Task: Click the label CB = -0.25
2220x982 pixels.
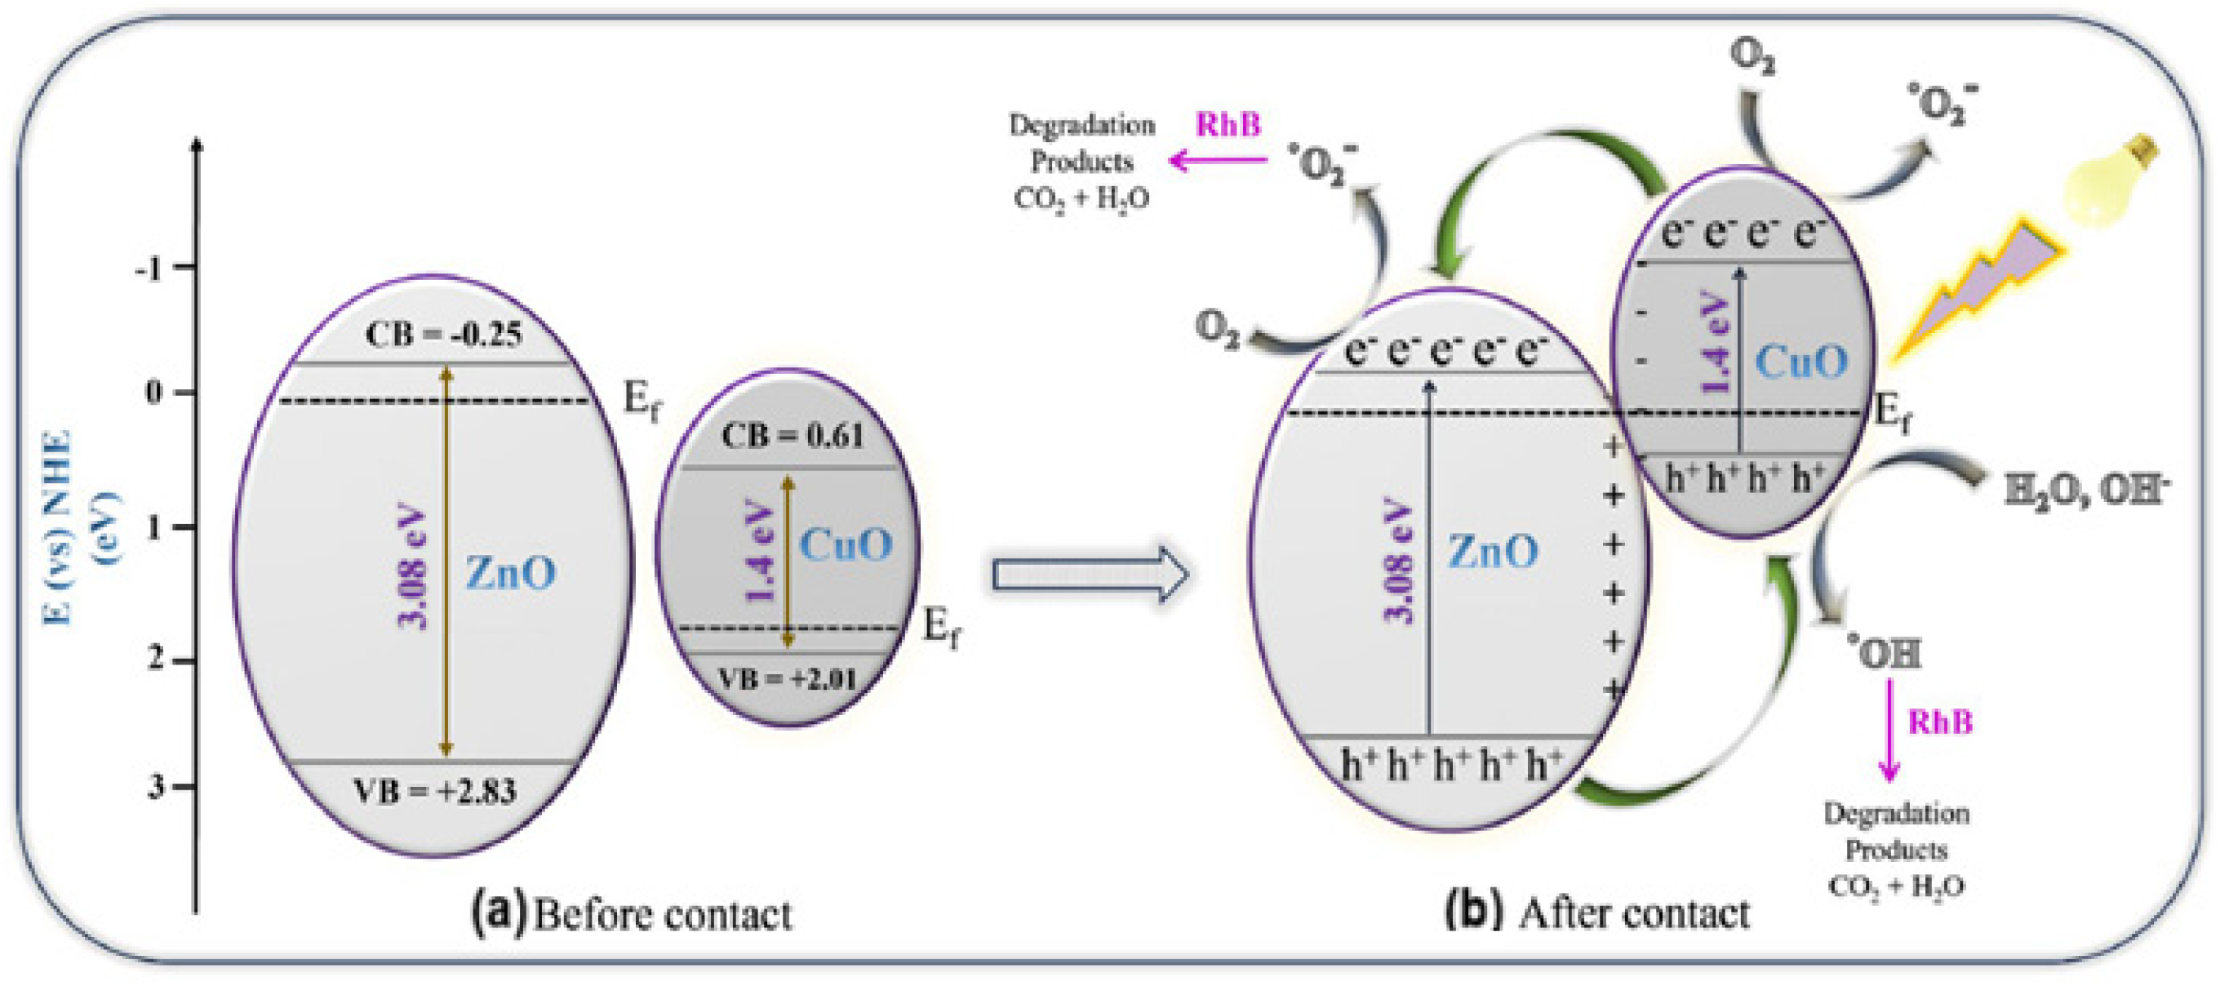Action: pyautogui.click(x=444, y=335)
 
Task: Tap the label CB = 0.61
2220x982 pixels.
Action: pyautogui.click(x=792, y=436)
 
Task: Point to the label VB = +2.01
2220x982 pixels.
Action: pyautogui.click(x=788, y=679)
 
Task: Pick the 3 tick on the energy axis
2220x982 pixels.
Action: pyautogui.click(x=156, y=786)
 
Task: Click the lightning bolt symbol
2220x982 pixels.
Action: pyautogui.click(x=1982, y=293)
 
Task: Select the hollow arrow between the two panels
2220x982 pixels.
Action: pyautogui.click(x=1090, y=573)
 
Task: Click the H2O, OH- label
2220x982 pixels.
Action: pyautogui.click(x=2085, y=491)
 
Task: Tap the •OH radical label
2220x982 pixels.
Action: pyautogui.click(x=1883, y=654)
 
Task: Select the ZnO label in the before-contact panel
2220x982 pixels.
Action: pyautogui.click(x=511, y=572)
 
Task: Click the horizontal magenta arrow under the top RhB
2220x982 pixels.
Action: pyautogui.click(x=1217, y=160)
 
